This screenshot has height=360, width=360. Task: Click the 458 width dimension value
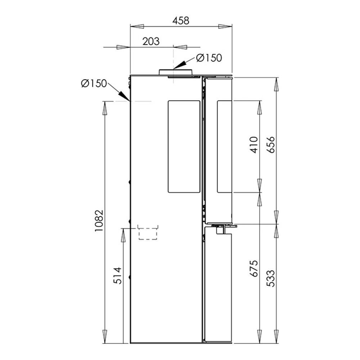click(181, 21)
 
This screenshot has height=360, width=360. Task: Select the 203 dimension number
click(151, 41)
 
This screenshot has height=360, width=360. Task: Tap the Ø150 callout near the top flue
click(209, 58)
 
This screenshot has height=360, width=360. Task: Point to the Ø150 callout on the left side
click(94, 84)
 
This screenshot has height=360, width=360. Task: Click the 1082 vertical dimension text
click(99, 220)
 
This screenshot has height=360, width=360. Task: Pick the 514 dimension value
click(118, 275)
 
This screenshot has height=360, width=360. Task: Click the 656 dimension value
click(271, 145)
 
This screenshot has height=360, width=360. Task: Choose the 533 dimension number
click(271, 278)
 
